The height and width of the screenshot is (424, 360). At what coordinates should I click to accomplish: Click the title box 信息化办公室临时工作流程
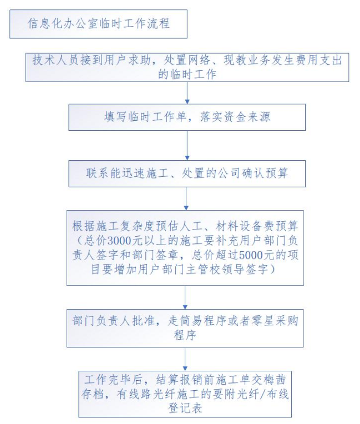pos(98,24)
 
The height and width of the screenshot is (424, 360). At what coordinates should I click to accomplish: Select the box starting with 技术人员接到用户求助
pos(187,67)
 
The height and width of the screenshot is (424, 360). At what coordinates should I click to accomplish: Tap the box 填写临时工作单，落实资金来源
pos(187,117)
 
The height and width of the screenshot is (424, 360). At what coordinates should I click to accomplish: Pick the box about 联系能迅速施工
pos(187,173)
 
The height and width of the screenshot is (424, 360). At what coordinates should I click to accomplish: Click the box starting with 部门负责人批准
pos(185,328)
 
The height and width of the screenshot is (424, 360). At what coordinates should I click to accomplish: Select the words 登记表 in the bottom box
pos(185,408)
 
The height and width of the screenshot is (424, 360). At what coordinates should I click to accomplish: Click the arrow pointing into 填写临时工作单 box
pos(187,93)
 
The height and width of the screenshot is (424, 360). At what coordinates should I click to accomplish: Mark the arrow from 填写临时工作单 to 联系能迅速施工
pos(187,145)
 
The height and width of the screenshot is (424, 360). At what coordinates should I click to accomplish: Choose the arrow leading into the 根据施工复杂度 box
pos(186,199)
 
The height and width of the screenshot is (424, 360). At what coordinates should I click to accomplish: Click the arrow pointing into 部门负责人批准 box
pos(185,298)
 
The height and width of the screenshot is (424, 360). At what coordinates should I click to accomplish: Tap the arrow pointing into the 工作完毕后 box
pos(185,359)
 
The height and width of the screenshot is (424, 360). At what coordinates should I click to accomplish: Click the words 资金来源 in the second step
pos(247,117)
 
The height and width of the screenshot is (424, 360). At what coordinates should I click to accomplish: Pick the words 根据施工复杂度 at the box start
pos(113,226)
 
